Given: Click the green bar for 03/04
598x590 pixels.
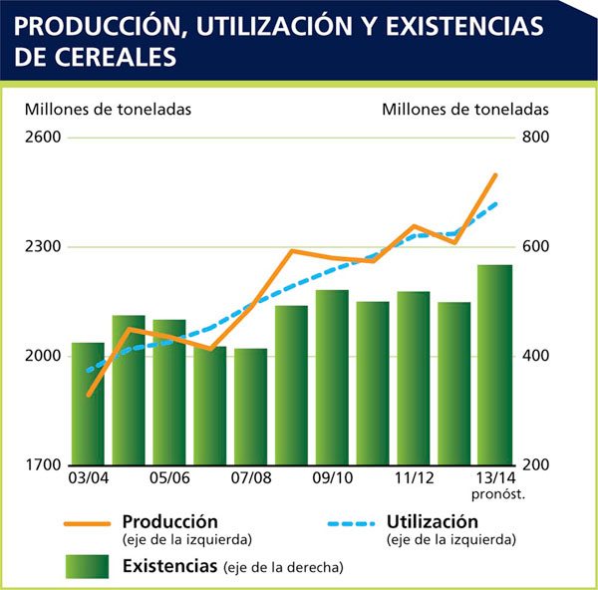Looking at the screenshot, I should point(88,404).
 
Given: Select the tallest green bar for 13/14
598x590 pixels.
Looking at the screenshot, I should point(494,365).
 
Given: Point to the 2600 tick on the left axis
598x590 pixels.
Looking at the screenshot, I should point(43,138).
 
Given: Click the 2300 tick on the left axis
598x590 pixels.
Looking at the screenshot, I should point(43,247).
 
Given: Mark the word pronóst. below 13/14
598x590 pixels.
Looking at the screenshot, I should point(494,495).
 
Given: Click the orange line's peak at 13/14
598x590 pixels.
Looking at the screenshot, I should point(495,175).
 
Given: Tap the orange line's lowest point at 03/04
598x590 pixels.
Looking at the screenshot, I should point(88,395).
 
